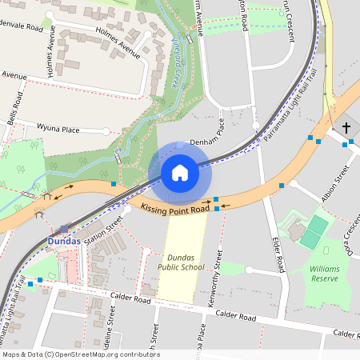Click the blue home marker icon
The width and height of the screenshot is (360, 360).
(179, 173)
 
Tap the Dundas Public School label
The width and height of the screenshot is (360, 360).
(186, 262)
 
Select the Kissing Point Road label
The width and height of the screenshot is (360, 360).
(174, 208)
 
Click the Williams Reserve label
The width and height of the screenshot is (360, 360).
(324, 274)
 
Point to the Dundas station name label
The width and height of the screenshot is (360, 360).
(64, 241)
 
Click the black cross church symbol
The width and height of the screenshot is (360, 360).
(346, 127)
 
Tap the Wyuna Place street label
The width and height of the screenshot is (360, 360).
(59, 128)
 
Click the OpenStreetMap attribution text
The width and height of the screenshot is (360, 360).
(80, 354)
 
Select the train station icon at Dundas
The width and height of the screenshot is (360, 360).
(64, 228)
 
